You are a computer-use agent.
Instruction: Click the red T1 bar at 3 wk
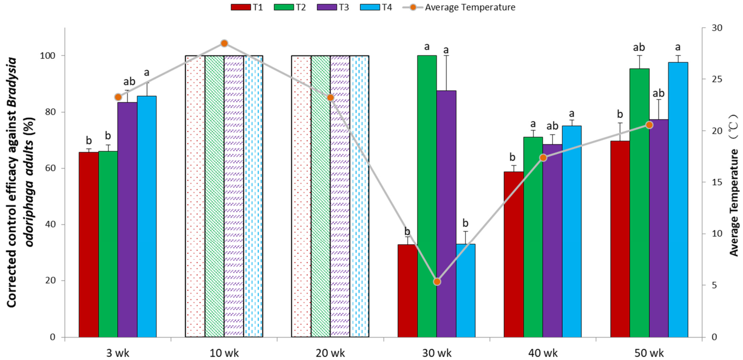[x=89, y=245]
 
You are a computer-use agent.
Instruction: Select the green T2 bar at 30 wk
[x=427, y=196]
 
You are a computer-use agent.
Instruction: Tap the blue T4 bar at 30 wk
[x=465, y=291]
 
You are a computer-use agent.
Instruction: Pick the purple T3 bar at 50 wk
[x=659, y=228]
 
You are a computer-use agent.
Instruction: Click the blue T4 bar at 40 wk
[x=571, y=231]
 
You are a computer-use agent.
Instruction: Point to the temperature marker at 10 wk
[x=224, y=43]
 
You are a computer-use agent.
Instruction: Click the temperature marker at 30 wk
[x=437, y=281]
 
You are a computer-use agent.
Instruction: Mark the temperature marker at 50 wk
[x=649, y=125]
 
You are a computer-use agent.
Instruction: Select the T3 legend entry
[x=333, y=7]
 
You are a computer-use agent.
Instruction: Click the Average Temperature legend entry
[x=459, y=7]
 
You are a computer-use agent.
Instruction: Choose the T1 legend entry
[x=247, y=7]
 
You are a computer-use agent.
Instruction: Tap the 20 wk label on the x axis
[x=330, y=353]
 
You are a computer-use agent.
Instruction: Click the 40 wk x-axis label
[x=543, y=353]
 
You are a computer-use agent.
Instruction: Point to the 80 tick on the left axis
[x=50, y=112]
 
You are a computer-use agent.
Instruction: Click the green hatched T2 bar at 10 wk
[x=214, y=196]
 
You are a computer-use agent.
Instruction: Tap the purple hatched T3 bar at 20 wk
[x=340, y=196]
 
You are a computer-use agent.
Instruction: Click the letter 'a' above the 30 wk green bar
[x=427, y=47]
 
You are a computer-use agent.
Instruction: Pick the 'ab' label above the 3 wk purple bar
[x=129, y=81]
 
